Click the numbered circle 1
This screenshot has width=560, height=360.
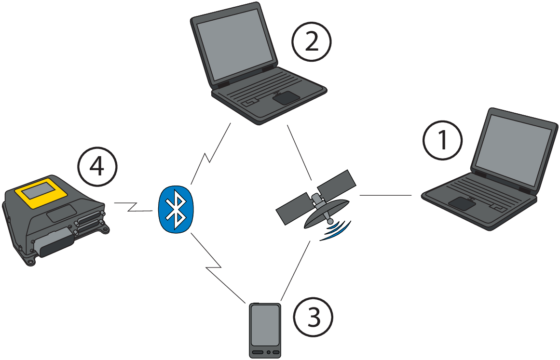443,140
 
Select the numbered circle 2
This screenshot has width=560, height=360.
312,43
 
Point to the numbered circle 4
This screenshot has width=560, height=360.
97,167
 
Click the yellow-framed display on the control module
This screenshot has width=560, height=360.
43,190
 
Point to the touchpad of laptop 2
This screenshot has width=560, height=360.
285,98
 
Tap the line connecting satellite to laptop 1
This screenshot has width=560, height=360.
386,195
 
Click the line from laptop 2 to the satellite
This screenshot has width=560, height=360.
299,151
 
